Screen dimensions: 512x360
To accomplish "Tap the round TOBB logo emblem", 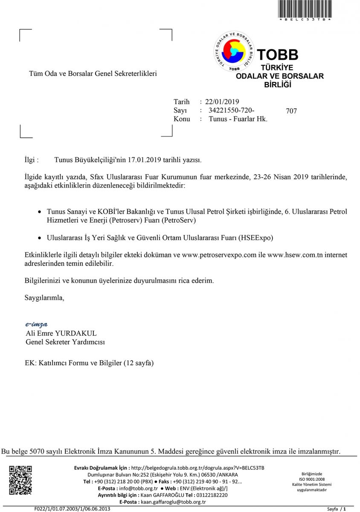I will pos(234,51).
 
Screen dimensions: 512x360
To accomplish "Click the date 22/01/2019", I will pos(222,102).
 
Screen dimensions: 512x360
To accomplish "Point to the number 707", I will pos(291,111).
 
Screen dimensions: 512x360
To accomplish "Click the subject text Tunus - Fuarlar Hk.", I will pos(238,119).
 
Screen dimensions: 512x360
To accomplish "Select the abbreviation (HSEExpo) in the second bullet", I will pos(256,237).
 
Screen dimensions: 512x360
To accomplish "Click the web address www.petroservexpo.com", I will pos(219,255).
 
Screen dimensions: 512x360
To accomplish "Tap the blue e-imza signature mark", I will pos(36,324).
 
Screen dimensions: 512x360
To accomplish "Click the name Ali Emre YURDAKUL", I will pos(61,333).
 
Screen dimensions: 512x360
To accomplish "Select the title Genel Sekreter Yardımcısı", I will pos(65,342).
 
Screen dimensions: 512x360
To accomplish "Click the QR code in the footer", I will pos(20,480).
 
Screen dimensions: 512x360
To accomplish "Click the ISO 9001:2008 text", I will pos(312,479).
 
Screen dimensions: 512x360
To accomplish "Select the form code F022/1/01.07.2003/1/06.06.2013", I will pos(72,509).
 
